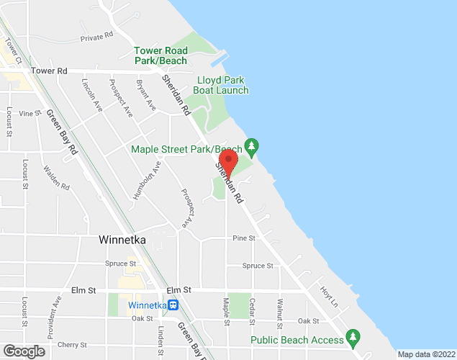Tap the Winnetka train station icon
click(173, 304)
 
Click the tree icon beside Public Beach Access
click(353, 336)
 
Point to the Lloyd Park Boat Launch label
click(222, 85)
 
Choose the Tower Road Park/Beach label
click(161, 55)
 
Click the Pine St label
click(244, 238)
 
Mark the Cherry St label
click(73, 345)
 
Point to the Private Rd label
click(97, 36)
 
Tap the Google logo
click(23, 351)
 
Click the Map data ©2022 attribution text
click(425, 354)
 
